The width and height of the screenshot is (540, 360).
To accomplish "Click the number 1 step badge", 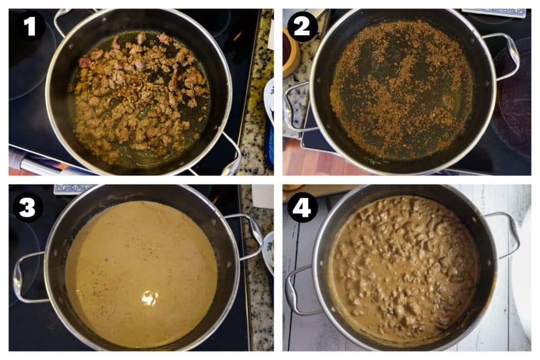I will click(30, 26).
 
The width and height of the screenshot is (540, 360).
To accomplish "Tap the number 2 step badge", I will click(302, 26).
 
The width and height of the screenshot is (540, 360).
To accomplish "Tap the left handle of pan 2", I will click(293, 108).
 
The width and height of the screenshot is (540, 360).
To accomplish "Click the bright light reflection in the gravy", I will click(149, 298).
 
